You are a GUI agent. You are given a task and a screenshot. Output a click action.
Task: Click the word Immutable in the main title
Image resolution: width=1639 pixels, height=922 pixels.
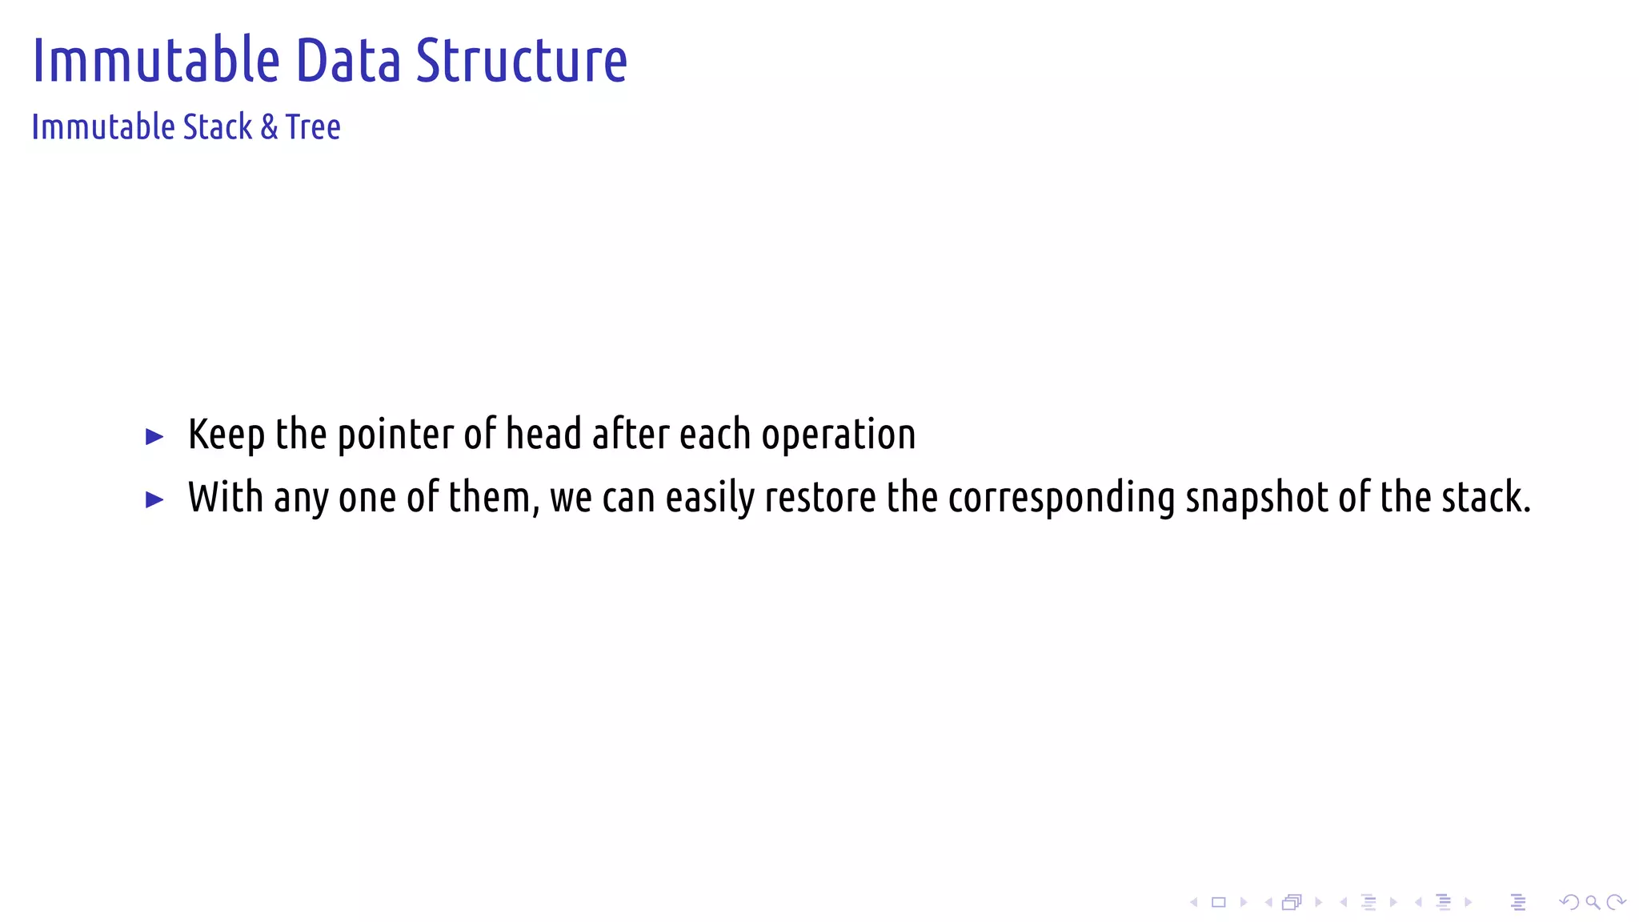pyautogui.click(x=156, y=62)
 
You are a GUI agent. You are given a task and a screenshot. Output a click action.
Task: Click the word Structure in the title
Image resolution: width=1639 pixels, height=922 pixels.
pyautogui.click(x=521, y=62)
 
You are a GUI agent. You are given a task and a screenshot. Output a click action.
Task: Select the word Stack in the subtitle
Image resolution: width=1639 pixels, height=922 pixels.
pyautogui.click(x=218, y=127)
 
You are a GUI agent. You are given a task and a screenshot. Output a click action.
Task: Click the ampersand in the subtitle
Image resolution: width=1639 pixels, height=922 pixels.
pyautogui.click(x=270, y=128)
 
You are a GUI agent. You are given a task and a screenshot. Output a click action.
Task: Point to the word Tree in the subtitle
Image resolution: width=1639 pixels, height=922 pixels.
pyautogui.click(x=313, y=127)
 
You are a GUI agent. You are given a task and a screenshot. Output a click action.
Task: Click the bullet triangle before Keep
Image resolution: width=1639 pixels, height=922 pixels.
pyautogui.click(x=154, y=437)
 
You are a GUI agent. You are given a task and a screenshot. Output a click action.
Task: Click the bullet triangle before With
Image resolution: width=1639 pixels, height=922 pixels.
pyautogui.click(x=154, y=500)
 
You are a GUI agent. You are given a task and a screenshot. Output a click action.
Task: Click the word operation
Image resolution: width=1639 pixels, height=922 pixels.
pyautogui.click(x=838, y=435)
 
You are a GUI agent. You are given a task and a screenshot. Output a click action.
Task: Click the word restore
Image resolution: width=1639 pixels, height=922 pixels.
pyautogui.click(x=820, y=498)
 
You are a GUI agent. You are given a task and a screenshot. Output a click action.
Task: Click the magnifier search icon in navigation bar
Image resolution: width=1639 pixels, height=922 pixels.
pyautogui.click(x=1593, y=903)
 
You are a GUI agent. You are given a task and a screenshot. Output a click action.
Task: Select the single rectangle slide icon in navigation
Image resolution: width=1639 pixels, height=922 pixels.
pyautogui.click(x=1218, y=903)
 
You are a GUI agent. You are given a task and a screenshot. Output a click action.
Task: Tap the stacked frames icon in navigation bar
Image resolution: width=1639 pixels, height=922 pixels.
pyautogui.click(x=1291, y=903)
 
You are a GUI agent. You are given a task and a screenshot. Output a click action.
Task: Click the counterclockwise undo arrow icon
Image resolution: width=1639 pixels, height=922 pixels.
pyautogui.click(x=1569, y=903)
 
